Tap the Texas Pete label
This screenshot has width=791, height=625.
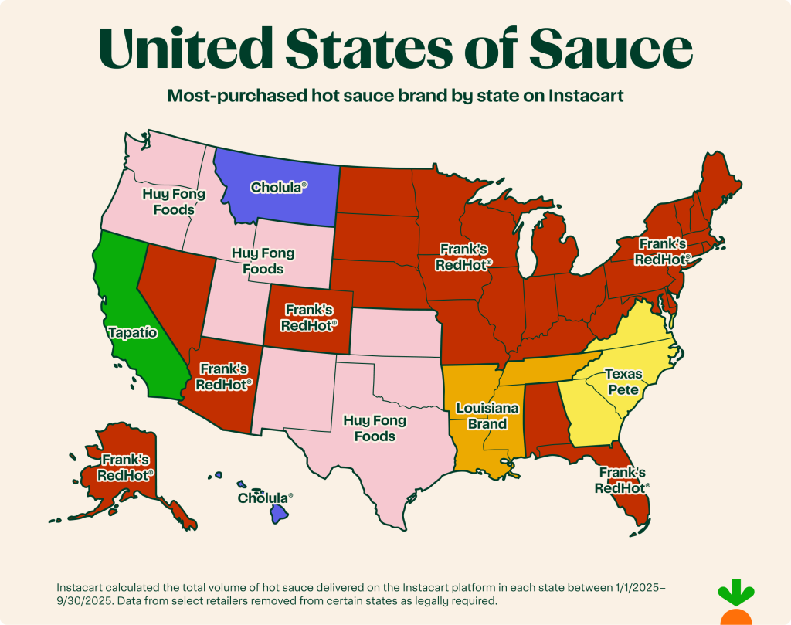[623, 382]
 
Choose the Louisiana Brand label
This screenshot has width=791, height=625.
[481, 415]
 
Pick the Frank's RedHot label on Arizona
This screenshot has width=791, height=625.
[225, 375]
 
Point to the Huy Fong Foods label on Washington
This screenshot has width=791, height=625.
[173, 201]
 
